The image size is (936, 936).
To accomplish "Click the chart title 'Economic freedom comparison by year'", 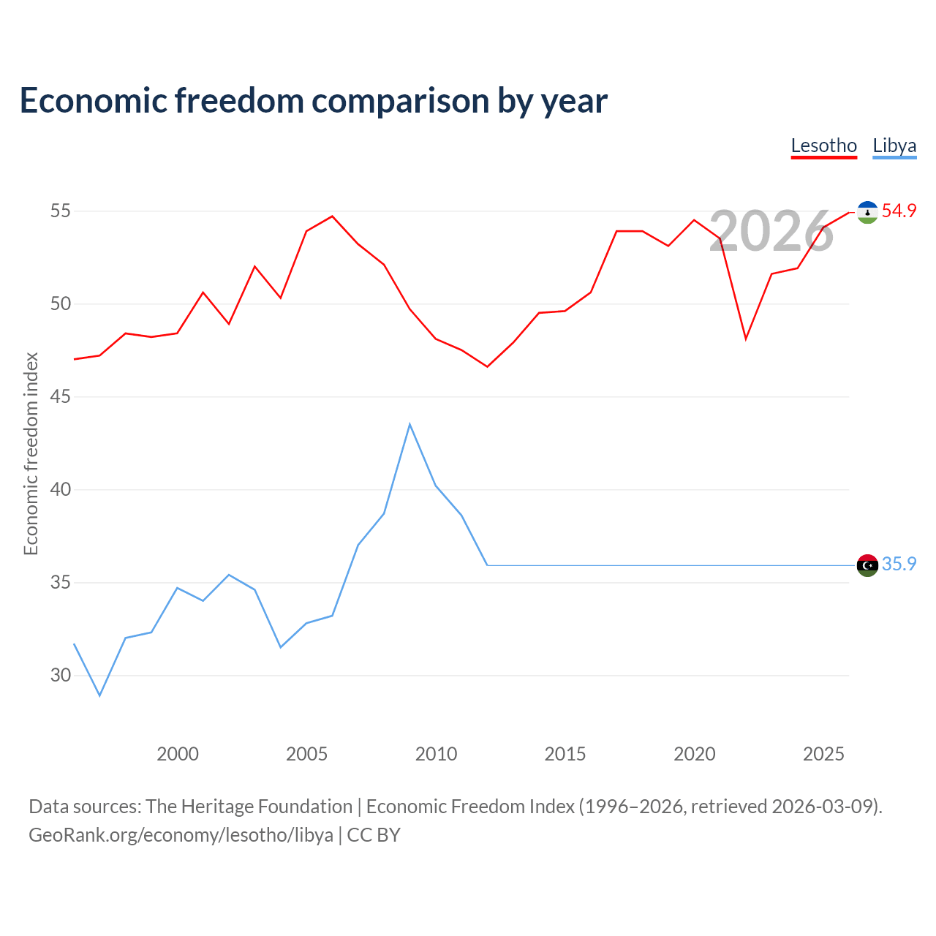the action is pyautogui.click(x=313, y=100).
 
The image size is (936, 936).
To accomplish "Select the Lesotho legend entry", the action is pyautogui.click(x=823, y=146).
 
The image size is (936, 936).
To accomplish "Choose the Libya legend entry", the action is pyautogui.click(x=894, y=146).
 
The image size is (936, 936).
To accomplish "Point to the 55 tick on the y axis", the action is pyautogui.click(x=60, y=211).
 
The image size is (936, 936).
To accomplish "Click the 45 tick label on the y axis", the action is pyautogui.click(x=60, y=396).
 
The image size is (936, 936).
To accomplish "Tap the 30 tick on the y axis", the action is pyautogui.click(x=60, y=675).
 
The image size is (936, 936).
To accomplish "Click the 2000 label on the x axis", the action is pyautogui.click(x=177, y=754).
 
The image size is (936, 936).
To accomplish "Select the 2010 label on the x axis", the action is pyautogui.click(x=436, y=754).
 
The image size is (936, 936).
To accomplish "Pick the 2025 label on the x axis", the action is pyautogui.click(x=823, y=754).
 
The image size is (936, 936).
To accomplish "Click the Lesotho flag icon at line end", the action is pyautogui.click(x=867, y=212).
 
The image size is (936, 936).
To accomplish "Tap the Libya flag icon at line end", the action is pyautogui.click(x=867, y=565).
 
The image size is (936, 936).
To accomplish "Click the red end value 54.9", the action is pyautogui.click(x=899, y=211).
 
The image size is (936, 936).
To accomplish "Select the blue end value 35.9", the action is pyautogui.click(x=899, y=564).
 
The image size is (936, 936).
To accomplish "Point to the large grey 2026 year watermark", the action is pyautogui.click(x=771, y=231).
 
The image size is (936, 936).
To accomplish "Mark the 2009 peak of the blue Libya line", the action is pyautogui.click(x=410, y=424).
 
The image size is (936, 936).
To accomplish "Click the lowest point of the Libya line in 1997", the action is pyautogui.click(x=100, y=695).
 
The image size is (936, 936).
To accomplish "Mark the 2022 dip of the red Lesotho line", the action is pyautogui.click(x=746, y=339).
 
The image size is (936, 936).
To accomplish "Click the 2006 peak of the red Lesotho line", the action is pyautogui.click(x=332, y=216).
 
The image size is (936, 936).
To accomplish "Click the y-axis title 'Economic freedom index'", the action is pyautogui.click(x=31, y=453).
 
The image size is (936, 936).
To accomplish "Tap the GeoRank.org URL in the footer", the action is pyautogui.click(x=181, y=835).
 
